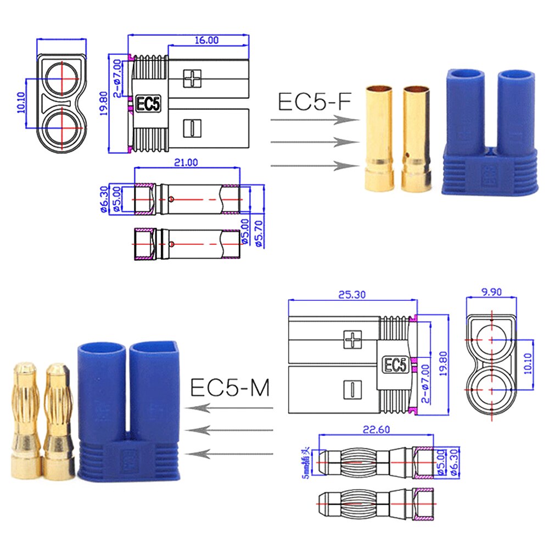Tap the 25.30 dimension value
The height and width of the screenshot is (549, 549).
point(352,295)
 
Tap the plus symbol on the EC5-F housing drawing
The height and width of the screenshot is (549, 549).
point(193,78)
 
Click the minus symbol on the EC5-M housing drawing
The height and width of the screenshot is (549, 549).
point(350,388)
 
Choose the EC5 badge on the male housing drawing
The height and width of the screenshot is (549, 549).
point(394,364)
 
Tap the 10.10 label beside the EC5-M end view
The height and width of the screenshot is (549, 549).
point(529,363)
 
